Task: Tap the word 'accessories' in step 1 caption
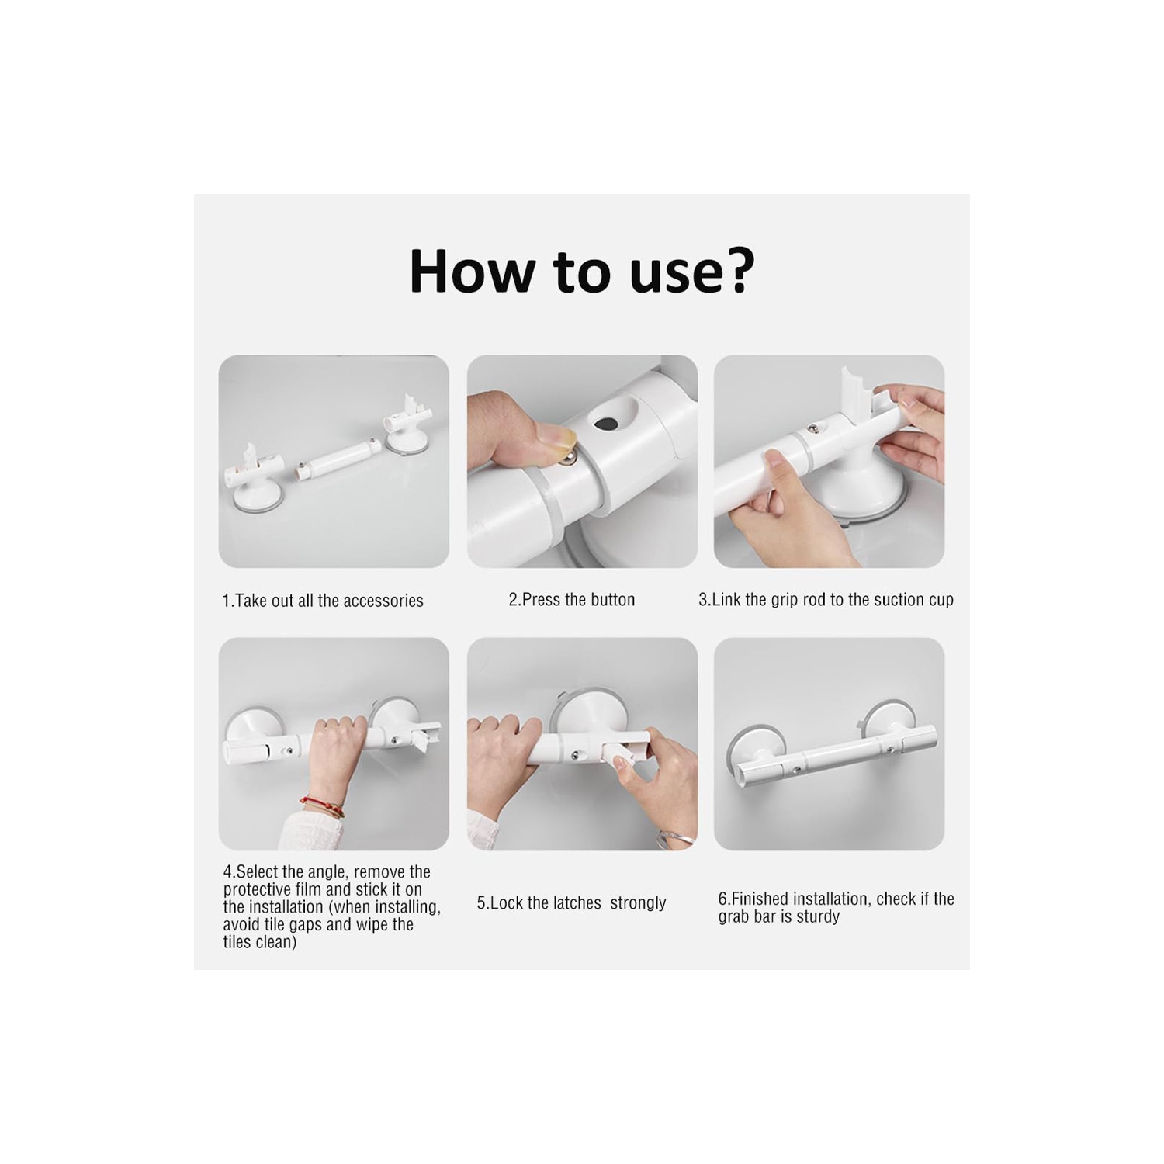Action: point(384,601)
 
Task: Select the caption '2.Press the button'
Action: point(571,600)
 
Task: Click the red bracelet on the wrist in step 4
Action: point(321,807)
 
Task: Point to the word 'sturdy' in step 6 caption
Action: point(817,916)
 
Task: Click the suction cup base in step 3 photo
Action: point(869,489)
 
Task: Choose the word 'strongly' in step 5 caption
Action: point(638,903)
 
